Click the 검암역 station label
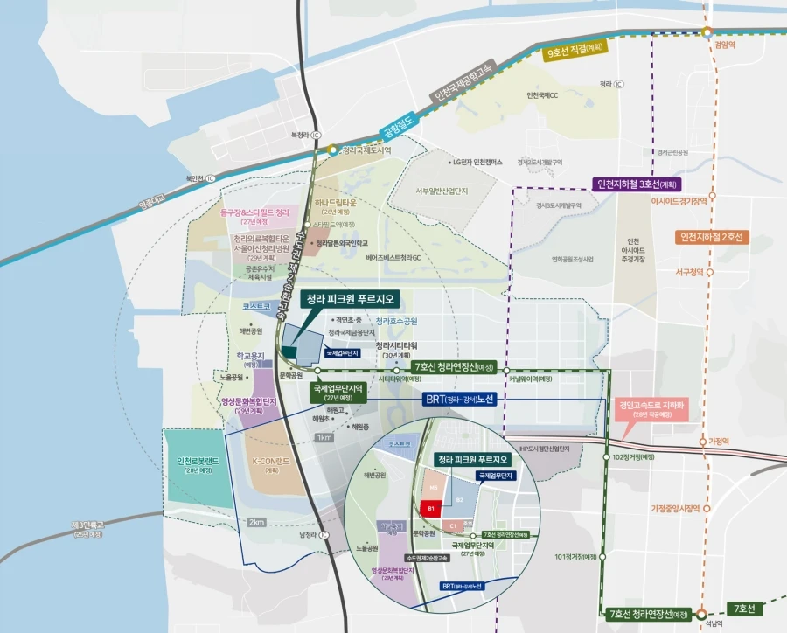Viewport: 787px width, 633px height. [726, 42]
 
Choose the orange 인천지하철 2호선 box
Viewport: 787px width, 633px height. [712, 237]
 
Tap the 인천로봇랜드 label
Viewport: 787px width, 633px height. [203, 465]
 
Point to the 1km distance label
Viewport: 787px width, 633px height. [324, 437]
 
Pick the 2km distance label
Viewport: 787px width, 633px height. [256, 522]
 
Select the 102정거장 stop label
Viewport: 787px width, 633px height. [634, 457]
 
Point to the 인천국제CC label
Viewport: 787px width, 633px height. [542, 95]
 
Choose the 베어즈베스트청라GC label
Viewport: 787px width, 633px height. [399, 258]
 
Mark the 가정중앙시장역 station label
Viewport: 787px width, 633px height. [677, 508]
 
